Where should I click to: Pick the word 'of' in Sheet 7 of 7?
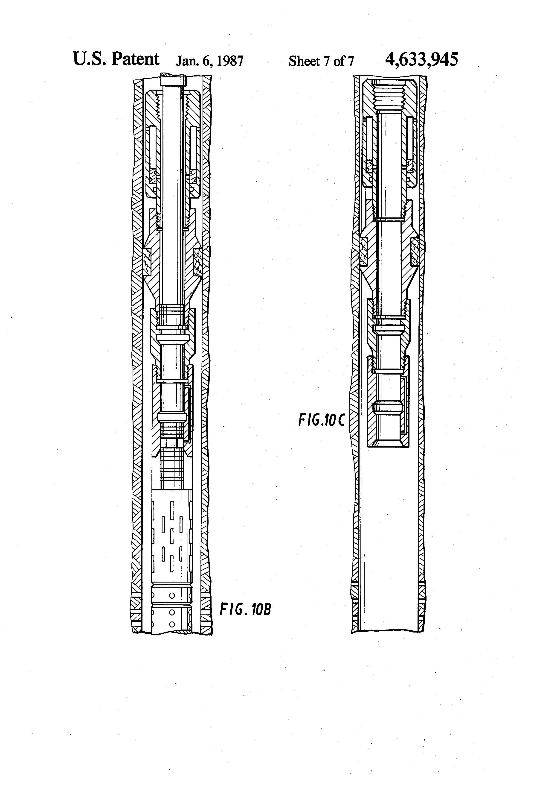[x=339, y=61]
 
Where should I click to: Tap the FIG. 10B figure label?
[x=245, y=610]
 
